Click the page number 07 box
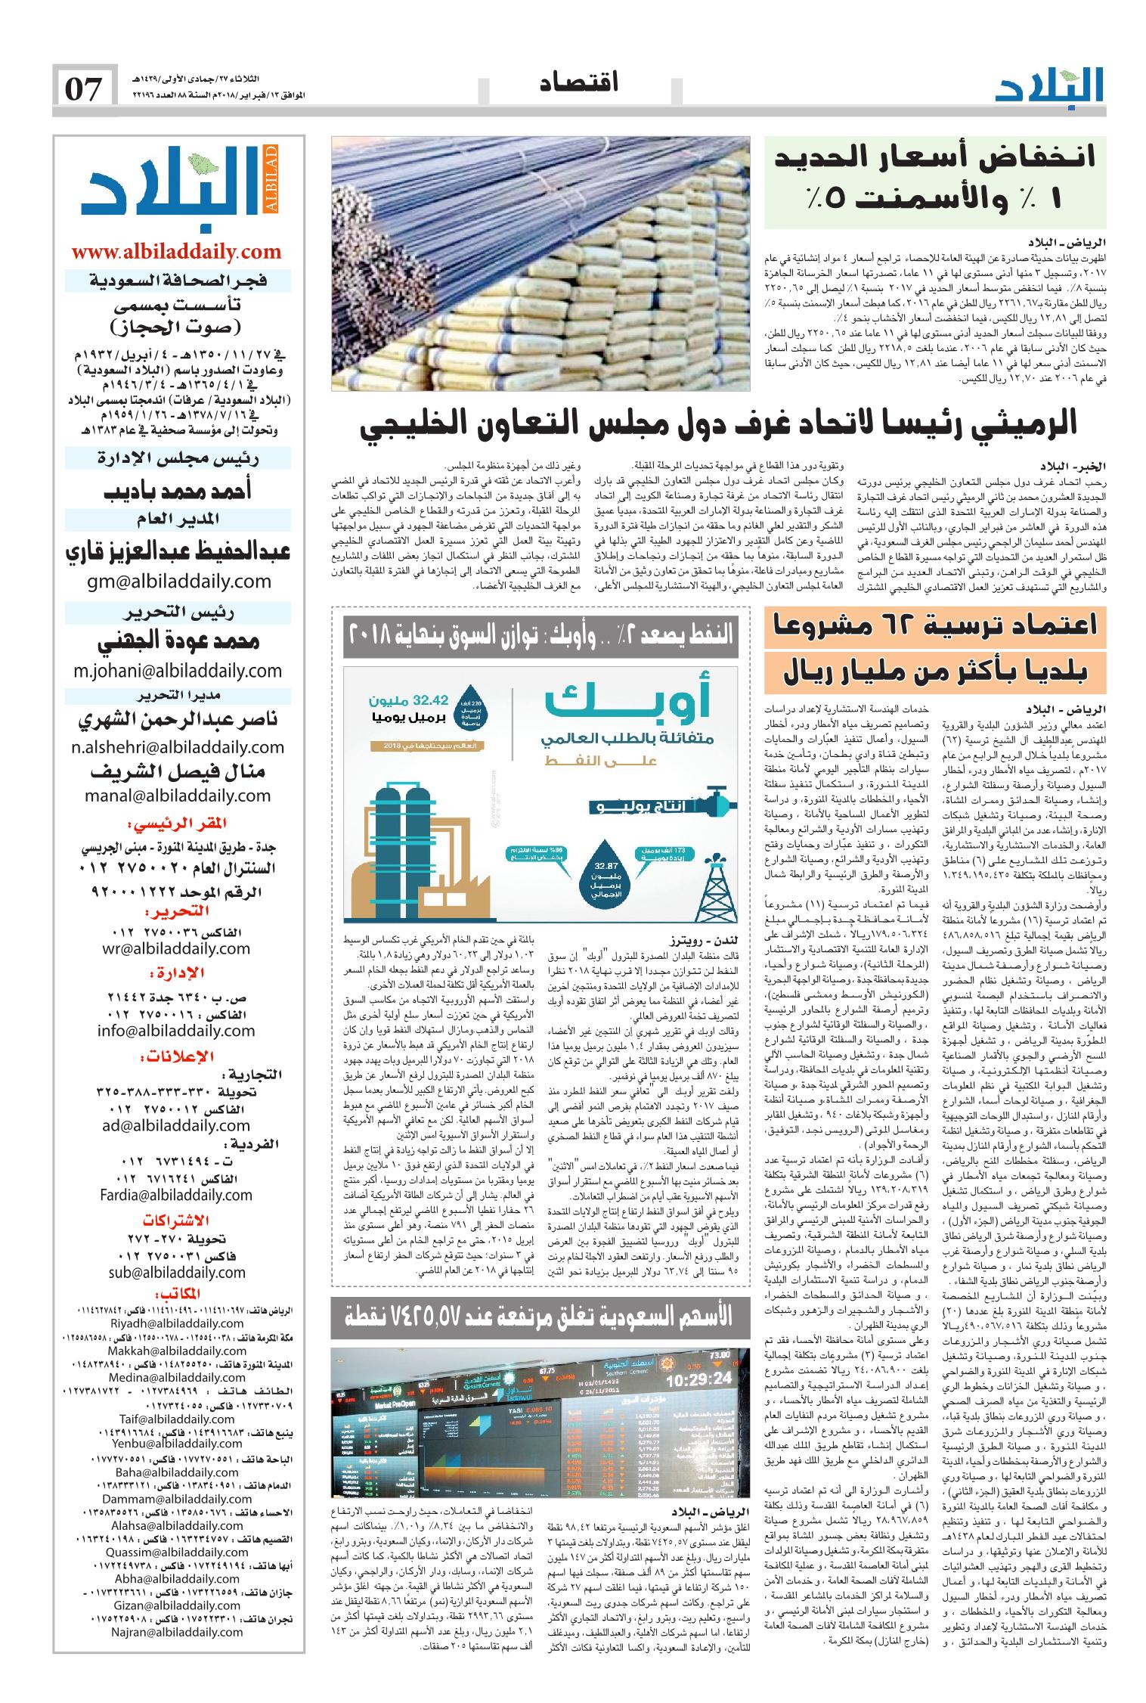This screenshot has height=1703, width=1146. click(85, 89)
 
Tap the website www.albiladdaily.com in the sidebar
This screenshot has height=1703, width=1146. click(176, 252)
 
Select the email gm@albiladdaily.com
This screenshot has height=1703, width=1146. click(176, 581)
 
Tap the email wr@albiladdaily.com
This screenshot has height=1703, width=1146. click(177, 948)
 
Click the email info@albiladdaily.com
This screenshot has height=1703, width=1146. click(176, 1030)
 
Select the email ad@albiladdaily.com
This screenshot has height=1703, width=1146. click(177, 1126)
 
